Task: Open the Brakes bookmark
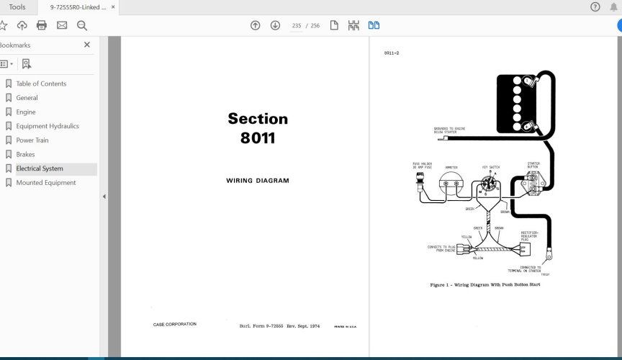[x=25, y=154]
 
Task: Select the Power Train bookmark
[x=32, y=140]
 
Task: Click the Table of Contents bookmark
[x=41, y=84]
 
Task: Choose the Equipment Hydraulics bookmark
[x=48, y=126]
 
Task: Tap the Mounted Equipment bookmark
[x=46, y=183]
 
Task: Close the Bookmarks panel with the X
[x=87, y=45]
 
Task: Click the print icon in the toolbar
[x=42, y=25]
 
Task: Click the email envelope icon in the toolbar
[x=62, y=25]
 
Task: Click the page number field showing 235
[x=297, y=25]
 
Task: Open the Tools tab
[x=17, y=7]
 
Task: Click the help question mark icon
[x=595, y=7]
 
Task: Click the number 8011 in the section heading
[x=258, y=138]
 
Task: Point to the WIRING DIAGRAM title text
[x=258, y=181]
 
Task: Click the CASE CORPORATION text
[x=174, y=324]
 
